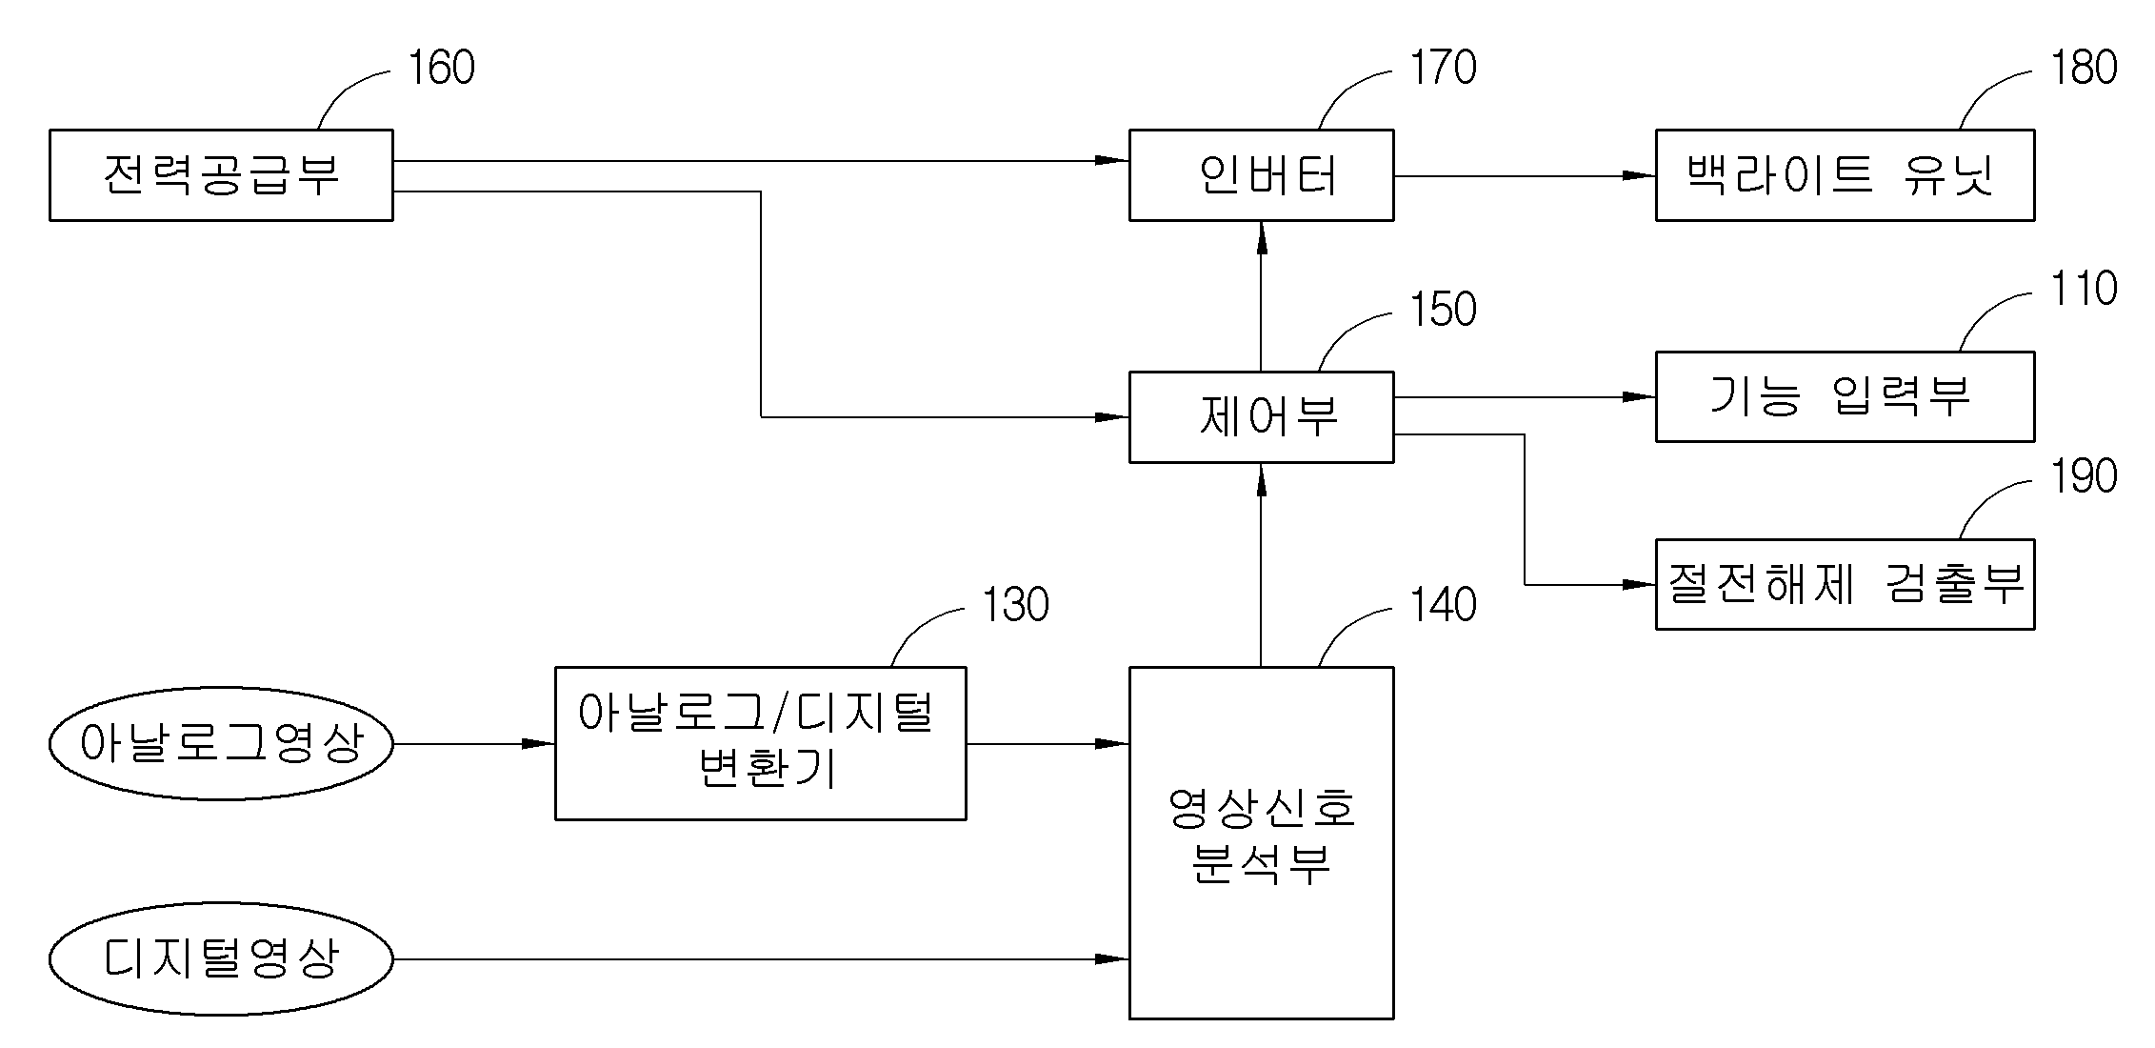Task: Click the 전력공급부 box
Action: (221, 175)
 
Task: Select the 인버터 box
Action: (1261, 175)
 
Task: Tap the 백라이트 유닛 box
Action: (1845, 175)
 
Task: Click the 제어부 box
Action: (1261, 417)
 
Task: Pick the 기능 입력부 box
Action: (1845, 396)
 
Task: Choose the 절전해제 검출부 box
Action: (1845, 584)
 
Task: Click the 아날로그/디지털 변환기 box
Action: (760, 743)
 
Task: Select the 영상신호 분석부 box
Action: (1261, 842)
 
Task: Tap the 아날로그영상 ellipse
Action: (221, 744)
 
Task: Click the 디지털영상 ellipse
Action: (221, 958)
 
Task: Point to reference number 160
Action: (441, 68)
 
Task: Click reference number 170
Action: (1443, 68)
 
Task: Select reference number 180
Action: (2084, 68)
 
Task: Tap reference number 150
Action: (1443, 310)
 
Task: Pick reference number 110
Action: (2084, 289)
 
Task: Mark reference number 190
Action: (2084, 476)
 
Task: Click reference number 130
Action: (1015, 605)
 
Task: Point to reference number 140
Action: (1443, 605)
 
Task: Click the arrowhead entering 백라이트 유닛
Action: (1640, 175)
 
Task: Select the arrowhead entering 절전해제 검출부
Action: (1640, 584)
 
